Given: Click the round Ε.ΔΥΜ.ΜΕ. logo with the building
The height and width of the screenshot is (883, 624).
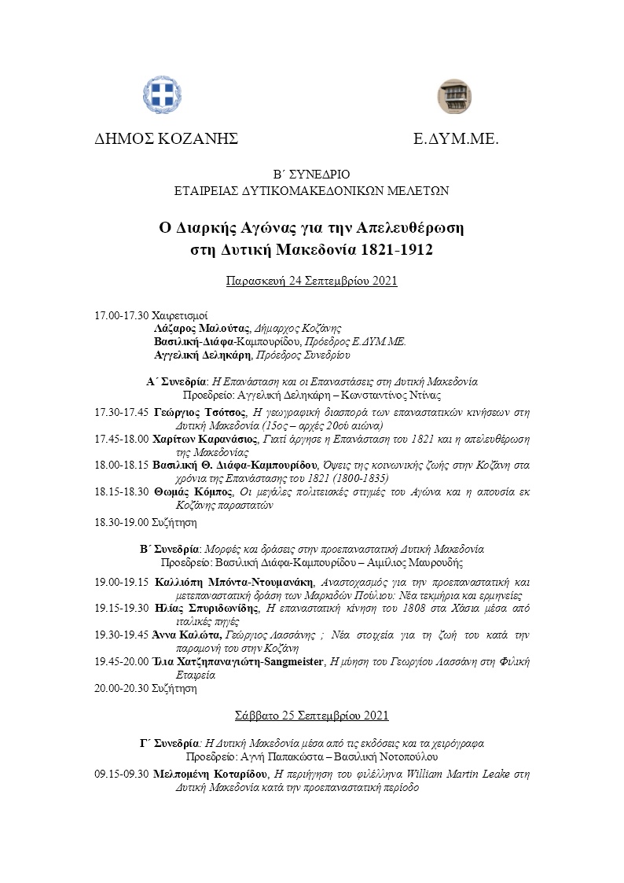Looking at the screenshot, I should [453, 96].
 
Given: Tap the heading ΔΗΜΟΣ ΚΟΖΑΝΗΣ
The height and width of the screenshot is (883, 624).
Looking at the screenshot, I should [166, 139].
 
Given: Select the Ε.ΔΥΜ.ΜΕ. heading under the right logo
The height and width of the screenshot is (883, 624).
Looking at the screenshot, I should [457, 139].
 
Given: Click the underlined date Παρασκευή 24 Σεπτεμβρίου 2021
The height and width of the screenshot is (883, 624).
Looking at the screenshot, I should [311, 281].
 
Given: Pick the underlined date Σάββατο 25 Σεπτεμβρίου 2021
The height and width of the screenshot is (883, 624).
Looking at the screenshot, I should [311, 716].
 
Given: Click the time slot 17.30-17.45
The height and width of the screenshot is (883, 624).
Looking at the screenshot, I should [122, 411].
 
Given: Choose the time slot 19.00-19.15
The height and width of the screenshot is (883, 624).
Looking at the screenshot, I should [122, 583].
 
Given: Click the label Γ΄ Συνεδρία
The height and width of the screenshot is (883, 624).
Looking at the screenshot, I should [167, 742].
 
